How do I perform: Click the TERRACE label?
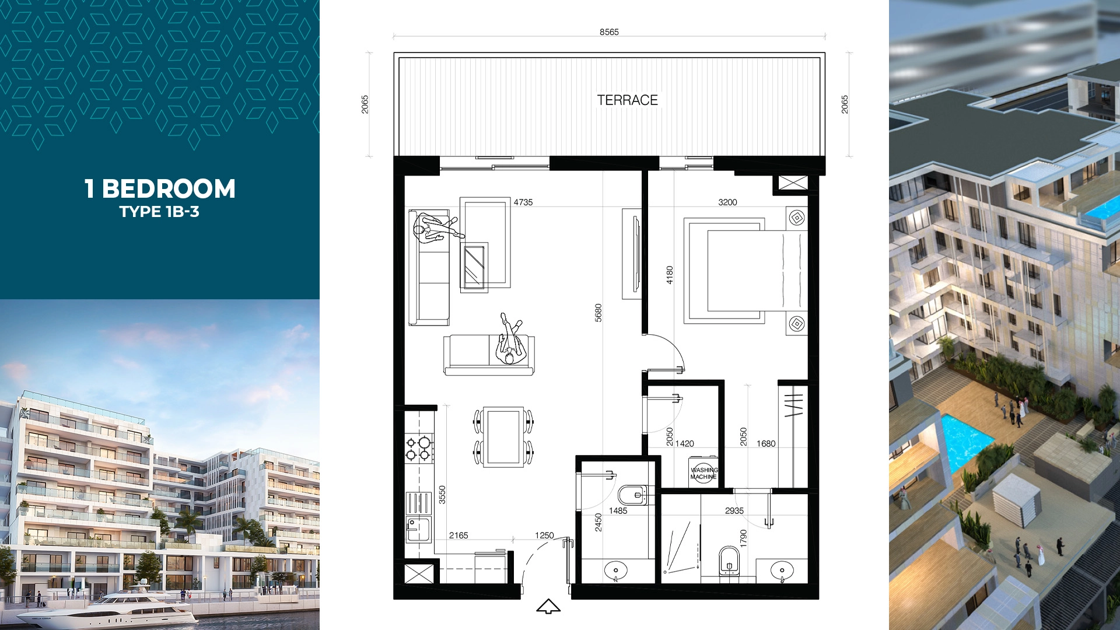(x=627, y=100)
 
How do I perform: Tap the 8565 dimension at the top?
(x=609, y=32)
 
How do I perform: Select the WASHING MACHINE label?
(x=704, y=473)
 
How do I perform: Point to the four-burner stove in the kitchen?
(x=419, y=448)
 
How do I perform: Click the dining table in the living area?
(x=504, y=437)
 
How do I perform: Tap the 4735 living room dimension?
(x=523, y=202)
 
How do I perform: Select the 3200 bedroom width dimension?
(x=727, y=202)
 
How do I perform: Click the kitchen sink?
(x=417, y=530)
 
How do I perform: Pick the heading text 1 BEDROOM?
(x=160, y=188)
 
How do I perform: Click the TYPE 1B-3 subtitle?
(x=159, y=212)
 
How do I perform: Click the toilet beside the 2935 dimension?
(x=729, y=561)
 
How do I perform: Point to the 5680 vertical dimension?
(x=598, y=313)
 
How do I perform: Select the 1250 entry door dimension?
(x=544, y=535)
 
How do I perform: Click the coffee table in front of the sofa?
(x=474, y=265)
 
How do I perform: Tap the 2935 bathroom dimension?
(x=734, y=510)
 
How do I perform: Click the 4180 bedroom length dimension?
(x=670, y=275)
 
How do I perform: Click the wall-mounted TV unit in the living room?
(x=633, y=254)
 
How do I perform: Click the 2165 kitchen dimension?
(x=459, y=535)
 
